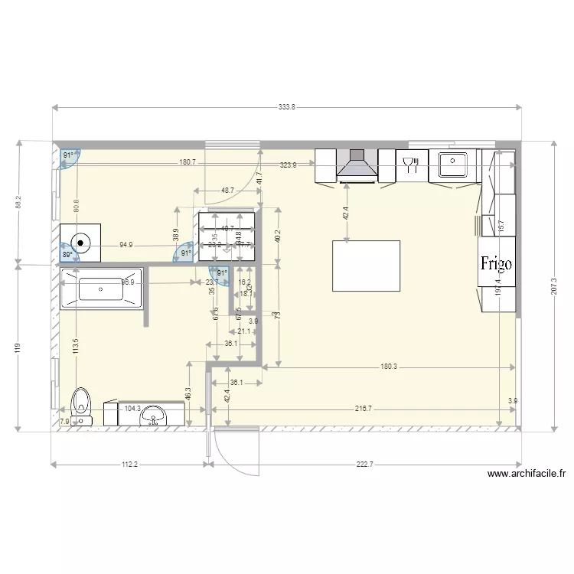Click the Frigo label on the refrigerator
pyautogui.click(x=496, y=263)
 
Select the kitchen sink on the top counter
pyautogui.click(x=455, y=162)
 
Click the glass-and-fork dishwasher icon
pyautogui.click(x=410, y=163)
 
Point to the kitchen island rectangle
pyautogui.click(x=366, y=266)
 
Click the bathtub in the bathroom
pyautogui.click(x=100, y=289)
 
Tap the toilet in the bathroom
pyautogui.click(x=80, y=406)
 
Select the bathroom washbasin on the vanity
pyautogui.click(x=155, y=418)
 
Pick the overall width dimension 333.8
pyautogui.click(x=286, y=108)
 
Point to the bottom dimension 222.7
pyautogui.click(x=364, y=464)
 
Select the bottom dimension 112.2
pyautogui.click(x=129, y=464)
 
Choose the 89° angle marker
pyautogui.click(x=68, y=256)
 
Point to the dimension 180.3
pyautogui.click(x=389, y=367)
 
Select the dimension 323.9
pyautogui.click(x=288, y=165)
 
